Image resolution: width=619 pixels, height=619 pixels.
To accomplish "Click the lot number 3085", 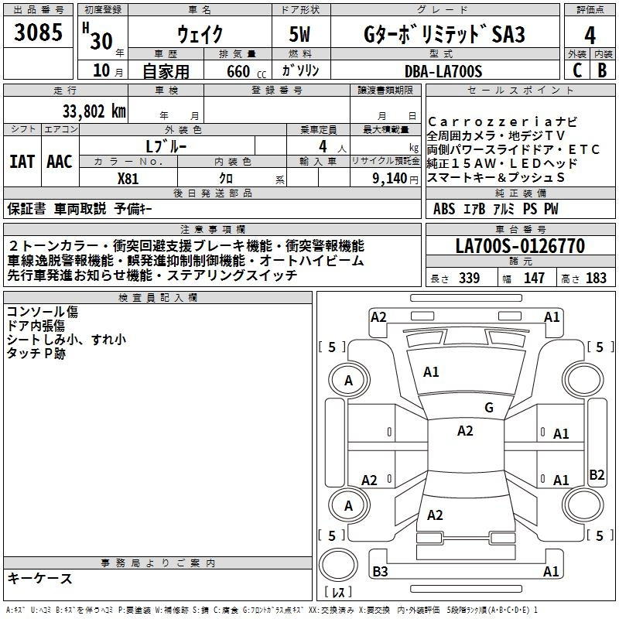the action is point(38,32).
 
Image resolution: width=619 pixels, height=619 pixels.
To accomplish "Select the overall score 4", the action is point(590,36).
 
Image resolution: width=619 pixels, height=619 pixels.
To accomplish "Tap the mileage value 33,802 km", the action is point(94,111).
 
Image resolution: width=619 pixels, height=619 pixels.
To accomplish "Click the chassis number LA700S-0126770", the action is point(520,245).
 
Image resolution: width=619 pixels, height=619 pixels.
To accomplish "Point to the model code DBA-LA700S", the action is point(443,71).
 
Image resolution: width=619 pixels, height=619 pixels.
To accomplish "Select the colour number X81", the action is point(128,179).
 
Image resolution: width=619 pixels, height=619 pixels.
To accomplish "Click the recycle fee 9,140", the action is point(389,179).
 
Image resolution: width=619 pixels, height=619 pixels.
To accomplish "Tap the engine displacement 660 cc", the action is point(246,71).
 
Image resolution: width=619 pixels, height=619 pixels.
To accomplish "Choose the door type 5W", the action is point(299,34).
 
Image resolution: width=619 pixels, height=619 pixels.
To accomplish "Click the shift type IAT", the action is point(22,162).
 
